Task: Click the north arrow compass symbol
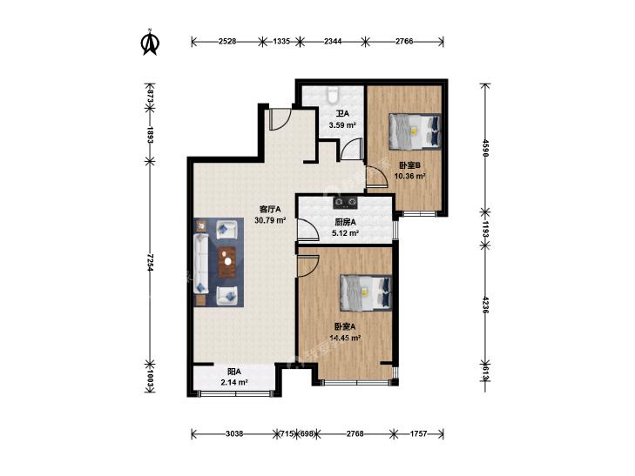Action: (x=150, y=42)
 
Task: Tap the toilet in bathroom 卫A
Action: (x=333, y=94)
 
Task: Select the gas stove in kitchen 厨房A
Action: (x=346, y=202)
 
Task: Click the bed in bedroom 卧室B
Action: (x=415, y=131)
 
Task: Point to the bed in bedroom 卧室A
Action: (x=366, y=293)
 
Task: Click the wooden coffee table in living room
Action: (x=227, y=262)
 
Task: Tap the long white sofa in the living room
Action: (x=201, y=263)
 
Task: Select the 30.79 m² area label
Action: (x=271, y=220)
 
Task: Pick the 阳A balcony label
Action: (x=234, y=372)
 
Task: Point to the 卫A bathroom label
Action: (x=342, y=114)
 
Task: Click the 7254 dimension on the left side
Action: (x=150, y=263)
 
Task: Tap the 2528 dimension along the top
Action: (x=227, y=41)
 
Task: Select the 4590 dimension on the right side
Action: (x=485, y=148)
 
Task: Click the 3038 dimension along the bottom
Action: (x=234, y=434)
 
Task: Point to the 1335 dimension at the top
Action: (x=281, y=41)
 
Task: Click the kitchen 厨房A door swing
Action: (x=307, y=230)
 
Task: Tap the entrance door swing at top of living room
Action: (x=280, y=120)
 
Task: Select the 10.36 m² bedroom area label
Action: (x=410, y=176)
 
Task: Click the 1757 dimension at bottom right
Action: (x=418, y=434)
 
